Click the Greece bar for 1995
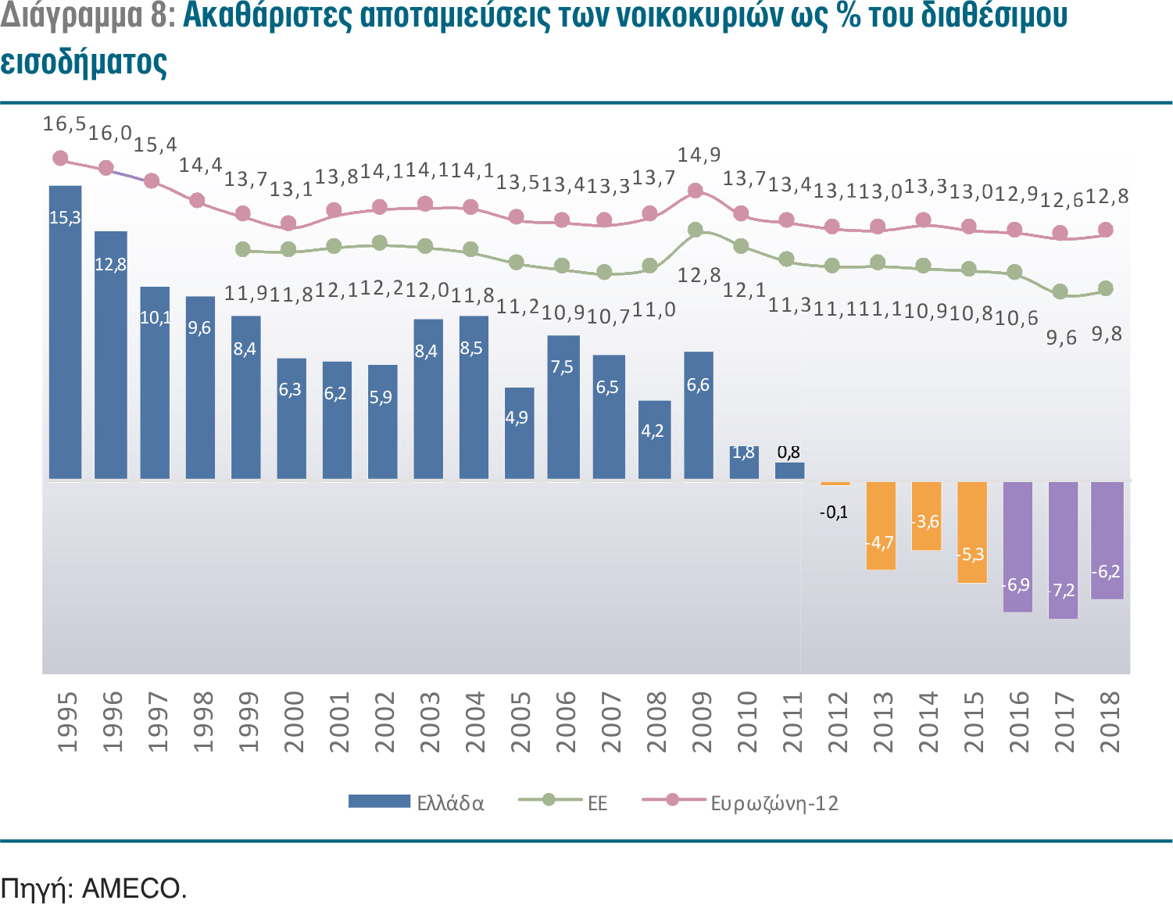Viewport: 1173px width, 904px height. click(x=65, y=332)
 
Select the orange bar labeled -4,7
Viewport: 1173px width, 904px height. click(x=881, y=525)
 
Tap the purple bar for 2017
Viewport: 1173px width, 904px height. click(x=1063, y=550)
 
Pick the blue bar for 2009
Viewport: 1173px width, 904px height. click(x=698, y=415)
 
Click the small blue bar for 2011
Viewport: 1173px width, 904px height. click(x=789, y=470)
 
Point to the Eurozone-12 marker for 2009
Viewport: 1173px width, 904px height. click(x=695, y=191)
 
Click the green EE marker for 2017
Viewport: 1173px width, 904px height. click(x=1060, y=291)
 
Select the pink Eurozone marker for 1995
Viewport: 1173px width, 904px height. click(x=60, y=159)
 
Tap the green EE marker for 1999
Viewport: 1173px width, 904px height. click(x=243, y=249)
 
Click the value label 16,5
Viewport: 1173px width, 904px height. click(x=63, y=124)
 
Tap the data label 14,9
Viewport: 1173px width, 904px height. click(x=699, y=155)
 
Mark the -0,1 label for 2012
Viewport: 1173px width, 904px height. click(x=834, y=513)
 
